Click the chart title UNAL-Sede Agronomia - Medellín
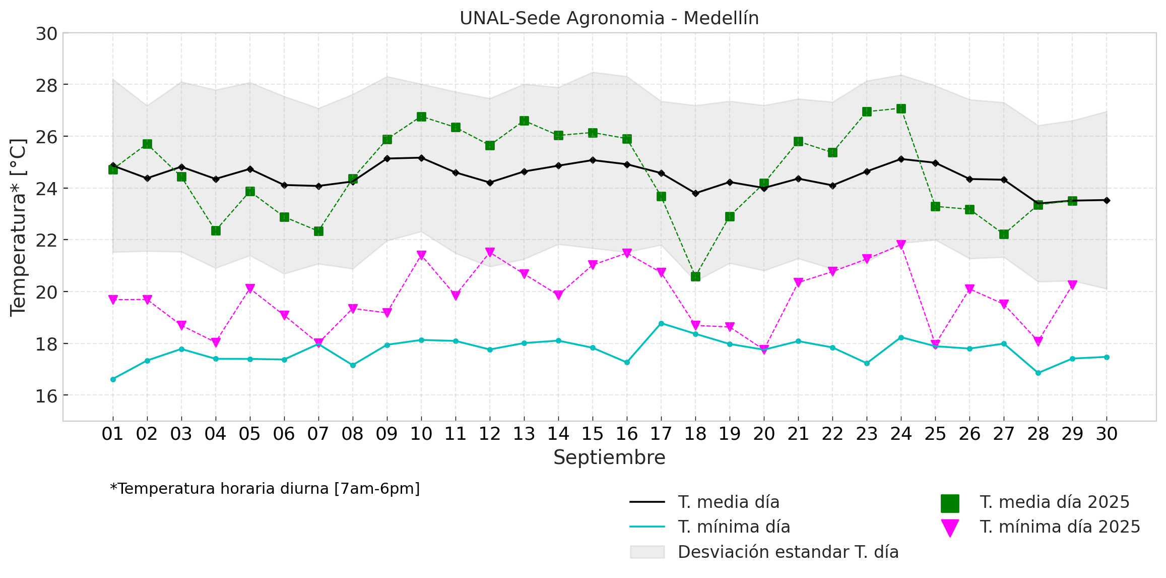(x=609, y=18)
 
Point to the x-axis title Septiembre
(x=609, y=457)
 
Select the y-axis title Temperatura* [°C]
(x=18, y=227)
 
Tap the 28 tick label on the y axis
(x=46, y=85)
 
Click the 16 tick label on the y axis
(x=46, y=396)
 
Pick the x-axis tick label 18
(x=695, y=434)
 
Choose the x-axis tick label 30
(x=1107, y=434)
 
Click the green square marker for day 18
(x=695, y=276)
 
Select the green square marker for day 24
(x=901, y=109)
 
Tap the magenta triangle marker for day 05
(x=250, y=288)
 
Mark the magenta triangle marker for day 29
(x=1072, y=285)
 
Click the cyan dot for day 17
(x=661, y=323)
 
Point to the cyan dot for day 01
(x=113, y=379)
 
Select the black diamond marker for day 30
(x=1107, y=200)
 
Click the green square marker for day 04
(x=216, y=230)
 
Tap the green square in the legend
(x=950, y=503)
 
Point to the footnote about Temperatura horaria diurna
(x=265, y=489)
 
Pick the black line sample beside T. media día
(x=647, y=502)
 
